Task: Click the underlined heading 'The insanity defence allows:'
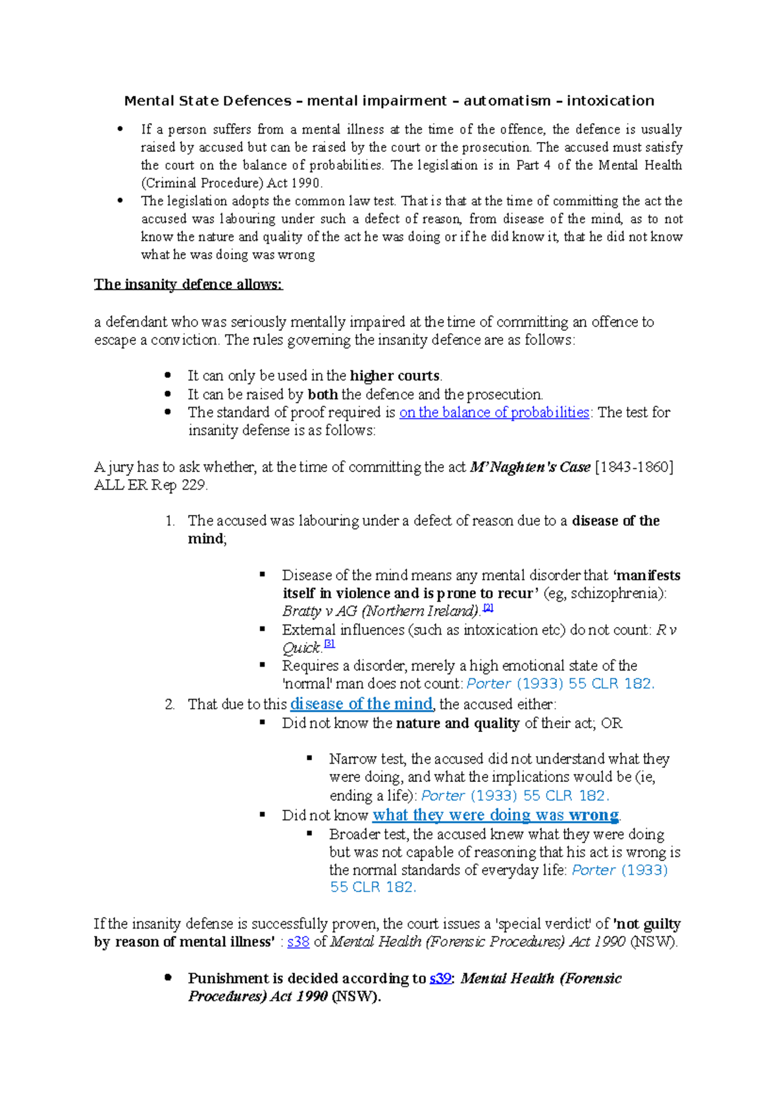tap(188, 284)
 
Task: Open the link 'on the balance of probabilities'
tap(494, 412)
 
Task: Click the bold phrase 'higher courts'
tap(394, 376)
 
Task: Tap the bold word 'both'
tap(322, 394)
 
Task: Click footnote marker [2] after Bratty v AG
tap(488, 608)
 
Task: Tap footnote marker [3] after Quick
tap(329, 644)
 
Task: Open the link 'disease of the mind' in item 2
tap(361, 704)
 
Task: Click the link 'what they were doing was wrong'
tap(495, 815)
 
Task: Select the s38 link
tap(298, 942)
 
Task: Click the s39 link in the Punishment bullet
tap(440, 978)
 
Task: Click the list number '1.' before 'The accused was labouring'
tap(170, 521)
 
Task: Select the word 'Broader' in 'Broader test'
tap(354, 835)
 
